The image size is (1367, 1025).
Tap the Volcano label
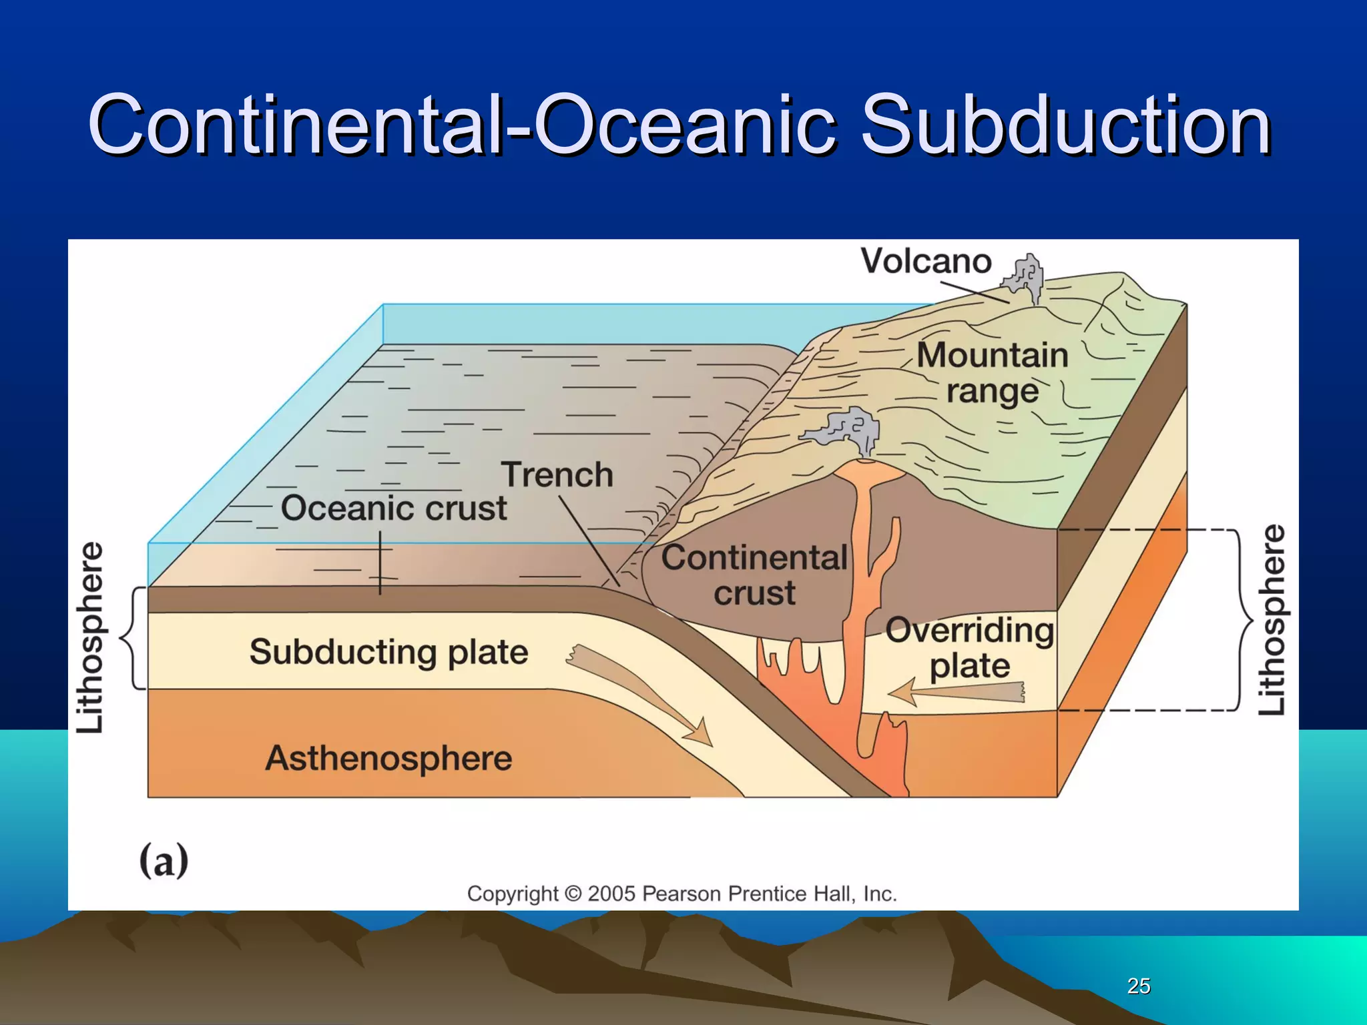click(x=925, y=261)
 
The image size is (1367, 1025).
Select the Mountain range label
click(x=993, y=373)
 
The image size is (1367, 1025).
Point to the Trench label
click(x=557, y=475)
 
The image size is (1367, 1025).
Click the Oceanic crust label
click(x=394, y=508)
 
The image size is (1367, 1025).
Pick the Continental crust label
click(x=754, y=575)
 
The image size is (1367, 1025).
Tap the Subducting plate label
click(x=388, y=652)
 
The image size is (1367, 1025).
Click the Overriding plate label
click(x=969, y=647)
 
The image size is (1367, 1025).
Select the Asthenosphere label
click(x=388, y=759)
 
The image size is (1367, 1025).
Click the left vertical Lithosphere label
click(x=90, y=637)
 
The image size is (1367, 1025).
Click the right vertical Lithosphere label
click(x=1272, y=621)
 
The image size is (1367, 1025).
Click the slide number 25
click(x=1138, y=986)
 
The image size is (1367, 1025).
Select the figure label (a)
click(x=164, y=861)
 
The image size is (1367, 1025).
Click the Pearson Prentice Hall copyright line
click(x=681, y=894)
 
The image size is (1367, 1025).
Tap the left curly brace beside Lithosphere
click(x=130, y=637)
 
